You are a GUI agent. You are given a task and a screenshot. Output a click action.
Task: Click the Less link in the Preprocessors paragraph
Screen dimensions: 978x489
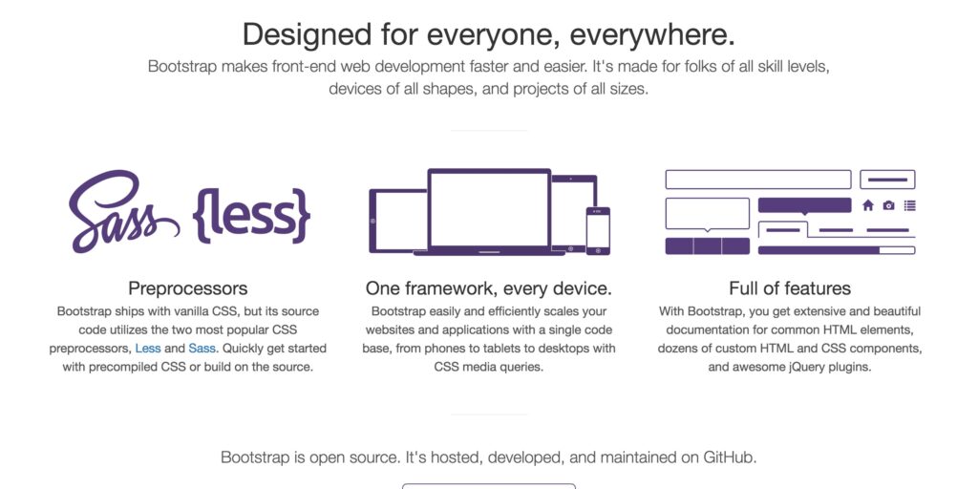tap(148, 348)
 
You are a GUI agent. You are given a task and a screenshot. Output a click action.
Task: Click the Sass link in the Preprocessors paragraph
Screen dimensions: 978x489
tap(202, 348)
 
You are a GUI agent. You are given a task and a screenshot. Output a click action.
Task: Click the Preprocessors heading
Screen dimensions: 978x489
tap(188, 288)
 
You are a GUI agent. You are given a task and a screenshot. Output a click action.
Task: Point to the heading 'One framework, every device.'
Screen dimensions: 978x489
tap(489, 288)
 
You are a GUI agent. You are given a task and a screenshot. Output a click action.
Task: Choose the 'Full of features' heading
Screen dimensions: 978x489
tap(790, 288)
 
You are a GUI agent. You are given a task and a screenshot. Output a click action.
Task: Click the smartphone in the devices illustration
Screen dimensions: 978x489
tap(598, 231)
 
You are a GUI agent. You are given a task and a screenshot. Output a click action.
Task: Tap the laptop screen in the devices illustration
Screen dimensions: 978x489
tap(489, 208)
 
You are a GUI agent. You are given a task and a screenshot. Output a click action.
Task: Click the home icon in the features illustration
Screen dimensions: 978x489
tap(867, 205)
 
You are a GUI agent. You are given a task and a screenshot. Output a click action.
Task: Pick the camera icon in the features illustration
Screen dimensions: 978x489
tap(889, 205)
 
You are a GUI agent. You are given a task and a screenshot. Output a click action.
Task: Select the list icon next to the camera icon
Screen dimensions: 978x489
tap(910, 205)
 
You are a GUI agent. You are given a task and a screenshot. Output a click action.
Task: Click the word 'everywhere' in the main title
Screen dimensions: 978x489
tap(648, 34)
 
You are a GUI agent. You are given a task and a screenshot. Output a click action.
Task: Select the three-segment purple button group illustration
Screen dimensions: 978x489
tap(708, 246)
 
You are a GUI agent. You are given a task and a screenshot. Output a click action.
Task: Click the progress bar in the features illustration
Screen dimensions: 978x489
tap(837, 250)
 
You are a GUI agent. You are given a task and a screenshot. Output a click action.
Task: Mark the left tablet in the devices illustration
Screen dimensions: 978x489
tap(398, 221)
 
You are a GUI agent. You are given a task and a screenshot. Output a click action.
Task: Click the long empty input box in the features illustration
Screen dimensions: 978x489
tap(757, 180)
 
